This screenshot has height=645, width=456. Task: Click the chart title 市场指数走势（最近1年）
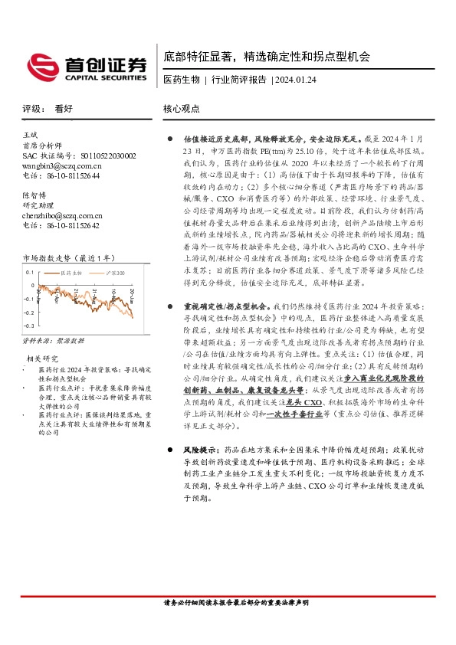click(x=67, y=257)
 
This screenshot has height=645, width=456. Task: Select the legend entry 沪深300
click(x=113, y=272)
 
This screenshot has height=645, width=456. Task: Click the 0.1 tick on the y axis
click(x=31, y=273)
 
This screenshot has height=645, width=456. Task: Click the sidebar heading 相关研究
click(x=43, y=359)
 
